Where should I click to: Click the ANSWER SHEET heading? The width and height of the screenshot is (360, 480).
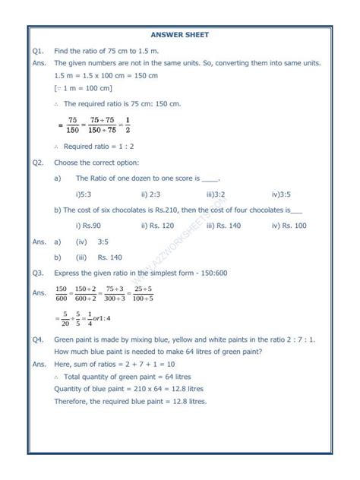coord(180,35)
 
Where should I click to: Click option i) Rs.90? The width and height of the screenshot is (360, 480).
coord(90,226)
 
